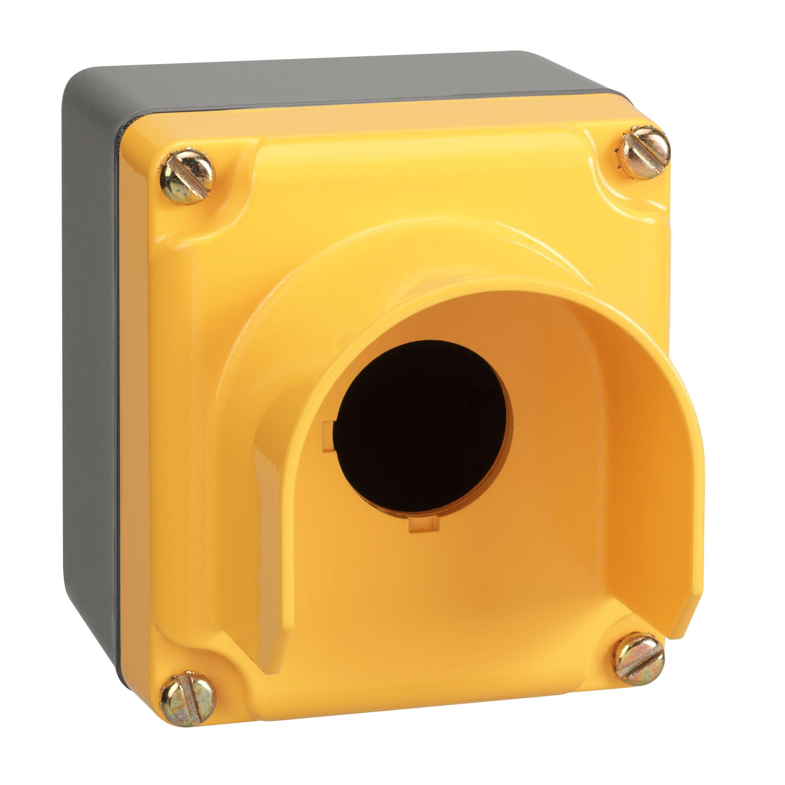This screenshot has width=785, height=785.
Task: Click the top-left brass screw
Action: click(186, 176)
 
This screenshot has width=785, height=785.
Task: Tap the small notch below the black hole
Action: click(424, 524)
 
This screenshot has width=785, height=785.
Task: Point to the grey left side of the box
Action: click(91, 366)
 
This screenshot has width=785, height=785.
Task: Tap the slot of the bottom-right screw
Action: click(639, 659)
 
